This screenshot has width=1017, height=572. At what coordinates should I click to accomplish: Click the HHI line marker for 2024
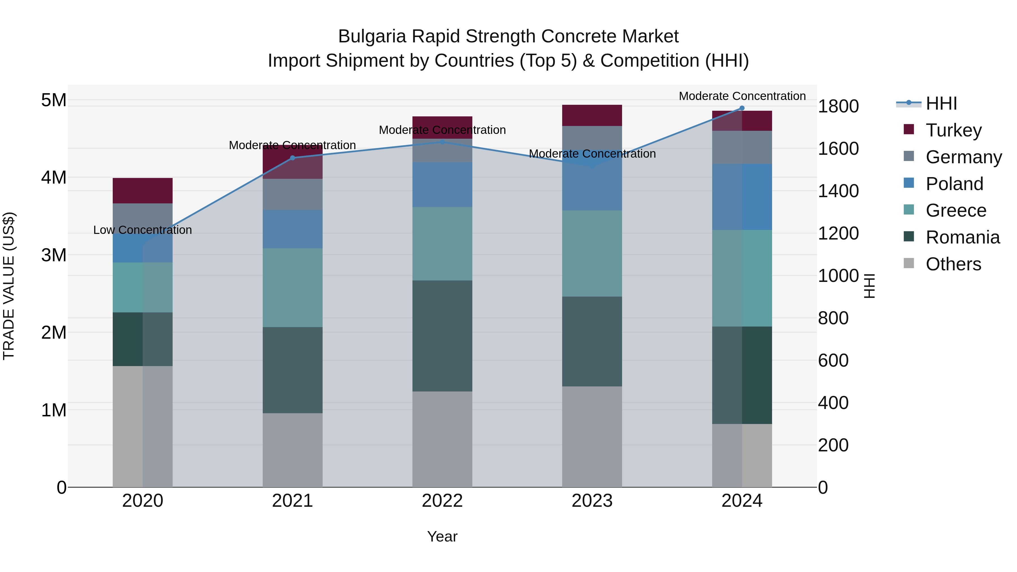pyautogui.click(x=742, y=108)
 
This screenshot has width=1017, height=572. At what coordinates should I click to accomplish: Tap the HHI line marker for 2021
pyautogui.click(x=293, y=158)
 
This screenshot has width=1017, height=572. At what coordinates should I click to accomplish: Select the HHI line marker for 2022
pyautogui.click(x=442, y=142)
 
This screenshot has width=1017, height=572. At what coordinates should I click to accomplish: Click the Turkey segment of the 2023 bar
pyautogui.click(x=592, y=115)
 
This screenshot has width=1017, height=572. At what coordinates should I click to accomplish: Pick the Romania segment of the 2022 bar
pyautogui.click(x=442, y=336)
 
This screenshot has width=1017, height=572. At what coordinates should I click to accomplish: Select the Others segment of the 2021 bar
pyautogui.click(x=293, y=450)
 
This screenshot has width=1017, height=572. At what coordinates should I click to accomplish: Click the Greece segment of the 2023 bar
pyautogui.click(x=592, y=253)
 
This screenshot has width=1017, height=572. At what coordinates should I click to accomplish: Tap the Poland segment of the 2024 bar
pyautogui.click(x=742, y=197)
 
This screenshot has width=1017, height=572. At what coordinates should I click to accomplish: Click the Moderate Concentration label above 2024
pyautogui.click(x=742, y=96)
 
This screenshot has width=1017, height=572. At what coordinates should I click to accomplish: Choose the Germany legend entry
pyautogui.click(x=963, y=157)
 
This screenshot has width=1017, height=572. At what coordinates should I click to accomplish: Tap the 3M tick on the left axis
pyautogui.click(x=54, y=255)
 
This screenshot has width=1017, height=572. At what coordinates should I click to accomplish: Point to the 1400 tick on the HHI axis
pyautogui.click(x=838, y=191)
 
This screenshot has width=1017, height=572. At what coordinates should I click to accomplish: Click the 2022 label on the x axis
pyautogui.click(x=442, y=501)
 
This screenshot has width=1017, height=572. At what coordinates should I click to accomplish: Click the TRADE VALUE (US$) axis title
pyautogui.click(x=9, y=286)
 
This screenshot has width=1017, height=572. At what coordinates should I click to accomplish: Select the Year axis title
pyautogui.click(x=442, y=536)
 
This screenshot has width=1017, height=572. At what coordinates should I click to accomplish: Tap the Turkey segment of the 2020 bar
pyautogui.click(x=143, y=191)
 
